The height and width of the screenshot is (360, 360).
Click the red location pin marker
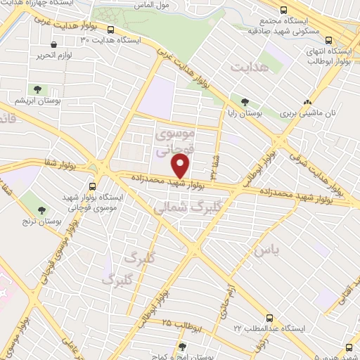(x=181, y=167)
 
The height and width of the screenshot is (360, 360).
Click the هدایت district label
(x=249, y=66)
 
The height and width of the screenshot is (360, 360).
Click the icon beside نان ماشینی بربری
(x=307, y=102)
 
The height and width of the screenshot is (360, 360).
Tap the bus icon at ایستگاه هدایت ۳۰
(x=111, y=30)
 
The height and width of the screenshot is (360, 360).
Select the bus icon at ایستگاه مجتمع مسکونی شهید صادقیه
(x=283, y=11)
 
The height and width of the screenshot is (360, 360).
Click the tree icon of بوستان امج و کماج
(x=181, y=347)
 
